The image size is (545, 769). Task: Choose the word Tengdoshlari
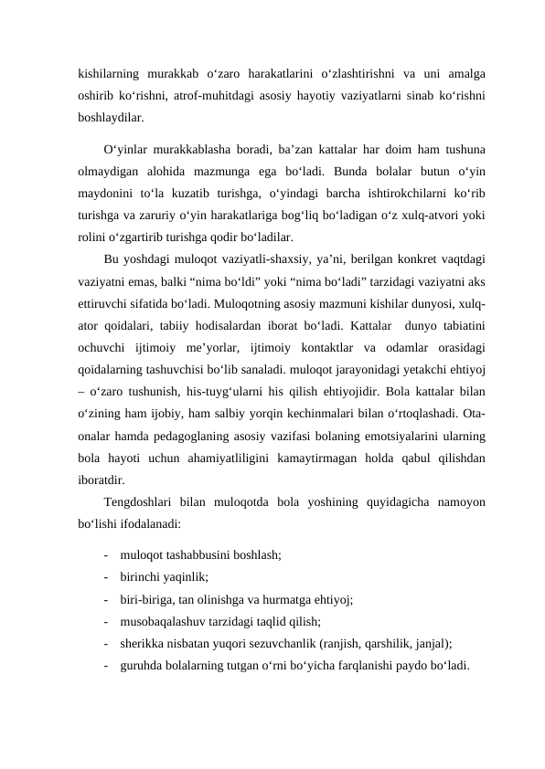(x=143, y=503)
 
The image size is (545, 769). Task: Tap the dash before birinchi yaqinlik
(x=109, y=578)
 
